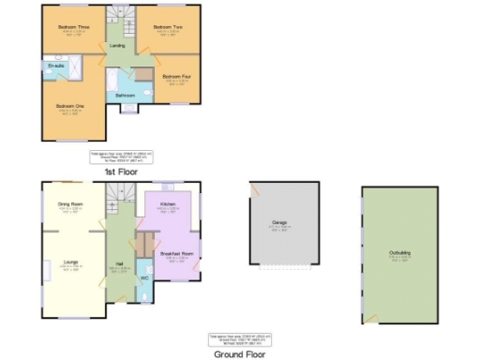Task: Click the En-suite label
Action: [56, 66]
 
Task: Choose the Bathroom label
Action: [126, 96]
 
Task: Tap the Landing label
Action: [117, 45]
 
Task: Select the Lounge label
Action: [70, 262]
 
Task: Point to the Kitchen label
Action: [168, 202]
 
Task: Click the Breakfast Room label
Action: [175, 254]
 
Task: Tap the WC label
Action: [145, 278]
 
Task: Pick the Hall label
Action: [120, 264]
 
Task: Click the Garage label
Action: [278, 222]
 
